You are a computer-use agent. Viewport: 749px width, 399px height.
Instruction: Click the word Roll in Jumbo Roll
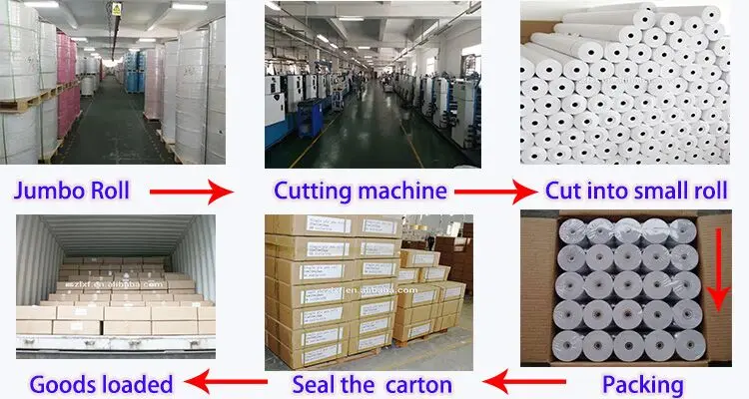[107, 191]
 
